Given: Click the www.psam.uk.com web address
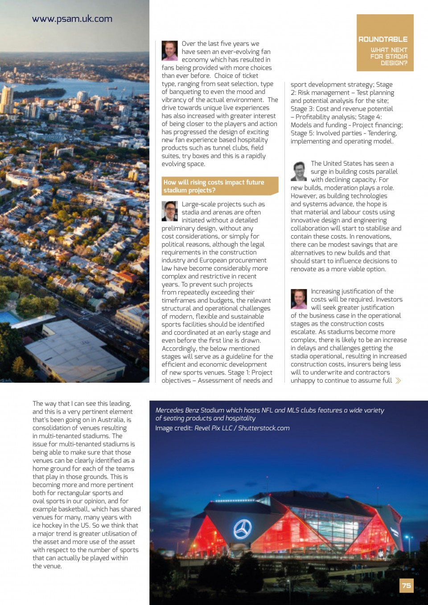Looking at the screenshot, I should click(72, 19).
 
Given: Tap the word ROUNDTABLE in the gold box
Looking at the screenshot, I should click(383, 39).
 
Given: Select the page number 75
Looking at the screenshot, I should click(406, 585).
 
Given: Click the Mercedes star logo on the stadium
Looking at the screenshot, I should click(243, 529).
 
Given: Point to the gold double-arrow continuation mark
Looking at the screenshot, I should click(398, 380).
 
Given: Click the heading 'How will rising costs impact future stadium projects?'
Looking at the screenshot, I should click(214, 186).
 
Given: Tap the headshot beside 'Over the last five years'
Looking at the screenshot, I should click(169, 51).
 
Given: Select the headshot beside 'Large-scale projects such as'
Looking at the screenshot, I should click(169, 211).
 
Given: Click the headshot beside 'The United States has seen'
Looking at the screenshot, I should click(299, 171).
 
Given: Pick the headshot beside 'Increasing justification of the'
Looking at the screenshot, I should click(299, 299).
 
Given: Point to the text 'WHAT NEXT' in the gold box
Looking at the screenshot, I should click(389, 50).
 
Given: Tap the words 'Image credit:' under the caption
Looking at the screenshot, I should click(174, 428).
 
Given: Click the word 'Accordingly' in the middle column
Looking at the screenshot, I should click(178, 348).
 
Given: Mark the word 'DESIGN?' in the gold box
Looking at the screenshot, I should click(394, 63).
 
